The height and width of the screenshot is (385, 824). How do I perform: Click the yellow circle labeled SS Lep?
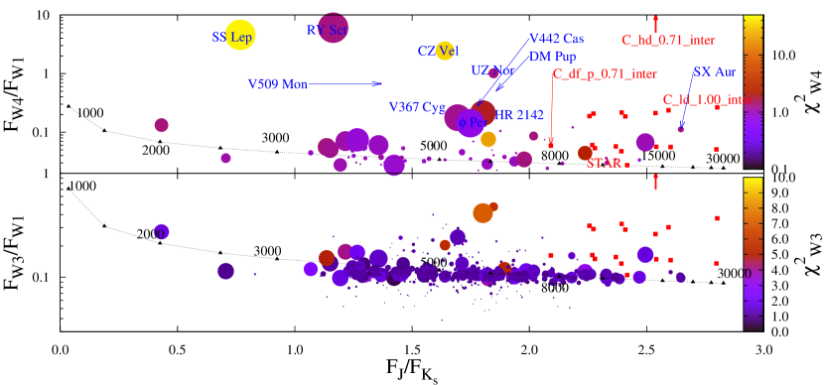point(240,35)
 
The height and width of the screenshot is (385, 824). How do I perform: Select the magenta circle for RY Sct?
point(333,28)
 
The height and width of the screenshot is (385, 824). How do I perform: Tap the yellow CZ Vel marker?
point(445,51)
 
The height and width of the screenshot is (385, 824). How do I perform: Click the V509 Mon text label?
point(277,84)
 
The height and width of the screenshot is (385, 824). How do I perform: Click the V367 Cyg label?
point(416,107)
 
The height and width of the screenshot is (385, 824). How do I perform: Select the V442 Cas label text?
point(556,39)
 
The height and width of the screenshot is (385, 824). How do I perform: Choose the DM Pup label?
point(552,57)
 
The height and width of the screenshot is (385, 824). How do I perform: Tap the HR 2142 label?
point(519,115)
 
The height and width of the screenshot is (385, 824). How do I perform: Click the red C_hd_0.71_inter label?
point(668,41)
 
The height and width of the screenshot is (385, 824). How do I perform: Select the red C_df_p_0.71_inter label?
point(605,74)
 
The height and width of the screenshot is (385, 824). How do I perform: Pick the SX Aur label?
point(714,72)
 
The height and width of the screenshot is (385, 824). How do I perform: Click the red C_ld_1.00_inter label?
point(706,100)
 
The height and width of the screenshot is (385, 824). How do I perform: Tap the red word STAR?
point(604,164)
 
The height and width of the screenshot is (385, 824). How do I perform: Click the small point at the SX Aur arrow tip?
point(680,129)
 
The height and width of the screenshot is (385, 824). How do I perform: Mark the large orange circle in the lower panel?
point(482,212)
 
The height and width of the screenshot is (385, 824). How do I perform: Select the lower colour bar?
point(753,253)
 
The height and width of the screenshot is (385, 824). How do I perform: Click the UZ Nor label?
point(491,71)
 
